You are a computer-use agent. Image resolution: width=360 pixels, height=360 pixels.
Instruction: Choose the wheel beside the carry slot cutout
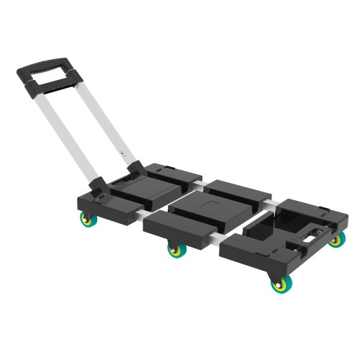pos(336,240)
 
